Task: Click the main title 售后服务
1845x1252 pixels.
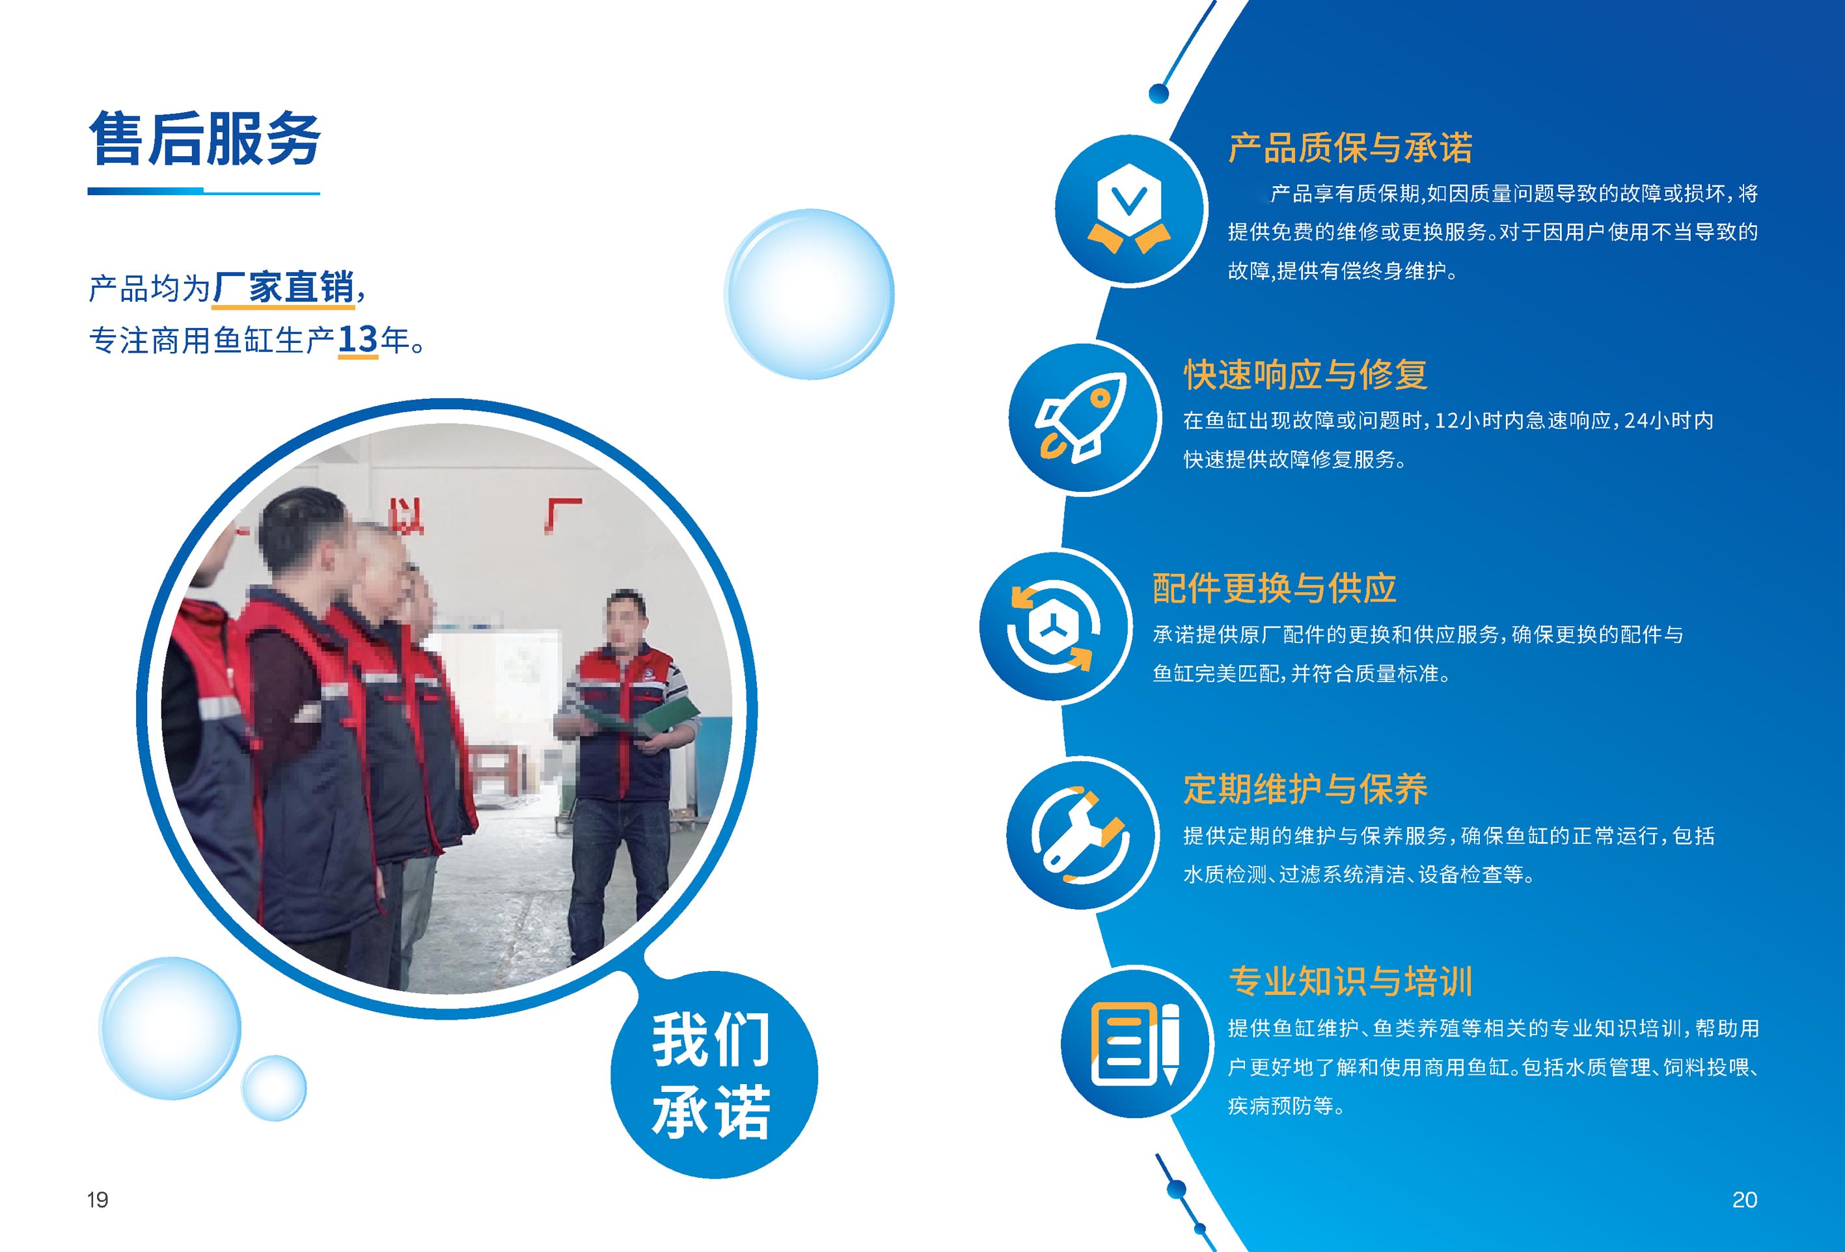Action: (204, 139)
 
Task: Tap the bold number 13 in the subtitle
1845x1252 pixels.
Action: (357, 340)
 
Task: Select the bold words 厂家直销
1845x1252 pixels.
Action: (283, 288)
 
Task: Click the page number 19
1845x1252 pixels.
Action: (98, 1199)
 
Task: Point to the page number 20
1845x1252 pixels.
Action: (1744, 1199)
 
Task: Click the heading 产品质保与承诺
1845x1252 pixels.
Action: (1350, 148)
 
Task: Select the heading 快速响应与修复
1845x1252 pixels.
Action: (1305, 375)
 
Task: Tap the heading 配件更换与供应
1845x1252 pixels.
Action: (1274, 588)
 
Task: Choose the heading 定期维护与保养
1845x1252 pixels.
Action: (1305, 789)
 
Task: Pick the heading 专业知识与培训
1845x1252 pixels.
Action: (1350, 982)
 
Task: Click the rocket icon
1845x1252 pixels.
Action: (1081, 418)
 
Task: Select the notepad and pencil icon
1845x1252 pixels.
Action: (1134, 1043)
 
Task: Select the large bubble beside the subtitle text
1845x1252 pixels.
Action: (809, 293)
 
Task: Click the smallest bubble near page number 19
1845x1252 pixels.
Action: (274, 1087)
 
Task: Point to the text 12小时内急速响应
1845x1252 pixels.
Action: (1516, 421)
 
